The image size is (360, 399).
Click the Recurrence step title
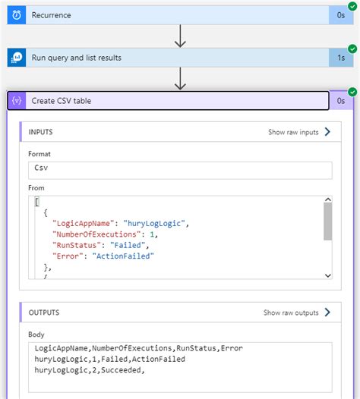52,15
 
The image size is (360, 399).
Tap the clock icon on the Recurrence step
17,15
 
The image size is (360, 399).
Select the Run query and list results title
76,58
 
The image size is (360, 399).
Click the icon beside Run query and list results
17,58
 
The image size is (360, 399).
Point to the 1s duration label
342,58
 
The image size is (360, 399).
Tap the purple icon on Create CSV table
17,100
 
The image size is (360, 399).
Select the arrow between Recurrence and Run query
180,36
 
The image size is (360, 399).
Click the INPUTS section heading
41,132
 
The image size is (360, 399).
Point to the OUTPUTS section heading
44,312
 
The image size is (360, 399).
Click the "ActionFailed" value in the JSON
124,256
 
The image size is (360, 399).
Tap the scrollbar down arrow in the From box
328,275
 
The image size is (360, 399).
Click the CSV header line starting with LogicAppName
138,349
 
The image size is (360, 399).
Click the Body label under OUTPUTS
36,334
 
